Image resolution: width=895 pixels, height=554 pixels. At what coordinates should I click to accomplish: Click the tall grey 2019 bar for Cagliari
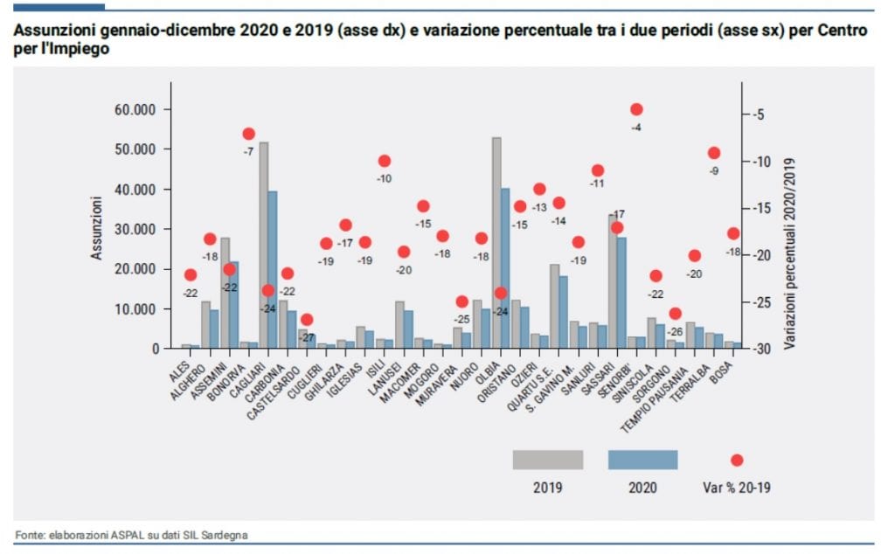pyautogui.click(x=264, y=245)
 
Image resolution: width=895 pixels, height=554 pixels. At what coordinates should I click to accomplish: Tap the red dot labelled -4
pyautogui.click(x=636, y=109)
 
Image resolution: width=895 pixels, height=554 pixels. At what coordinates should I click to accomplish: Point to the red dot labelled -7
pyautogui.click(x=248, y=134)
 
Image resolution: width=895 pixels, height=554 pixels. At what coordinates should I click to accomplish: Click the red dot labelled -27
pyautogui.click(x=307, y=320)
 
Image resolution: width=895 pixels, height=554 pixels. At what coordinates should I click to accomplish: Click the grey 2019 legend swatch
pyautogui.click(x=547, y=460)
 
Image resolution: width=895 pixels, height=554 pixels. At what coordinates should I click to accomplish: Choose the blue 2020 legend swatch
pyautogui.click(x=642, y=460)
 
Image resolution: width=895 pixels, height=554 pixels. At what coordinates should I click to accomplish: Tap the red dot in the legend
pyautogui.click(x=737, y=461)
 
